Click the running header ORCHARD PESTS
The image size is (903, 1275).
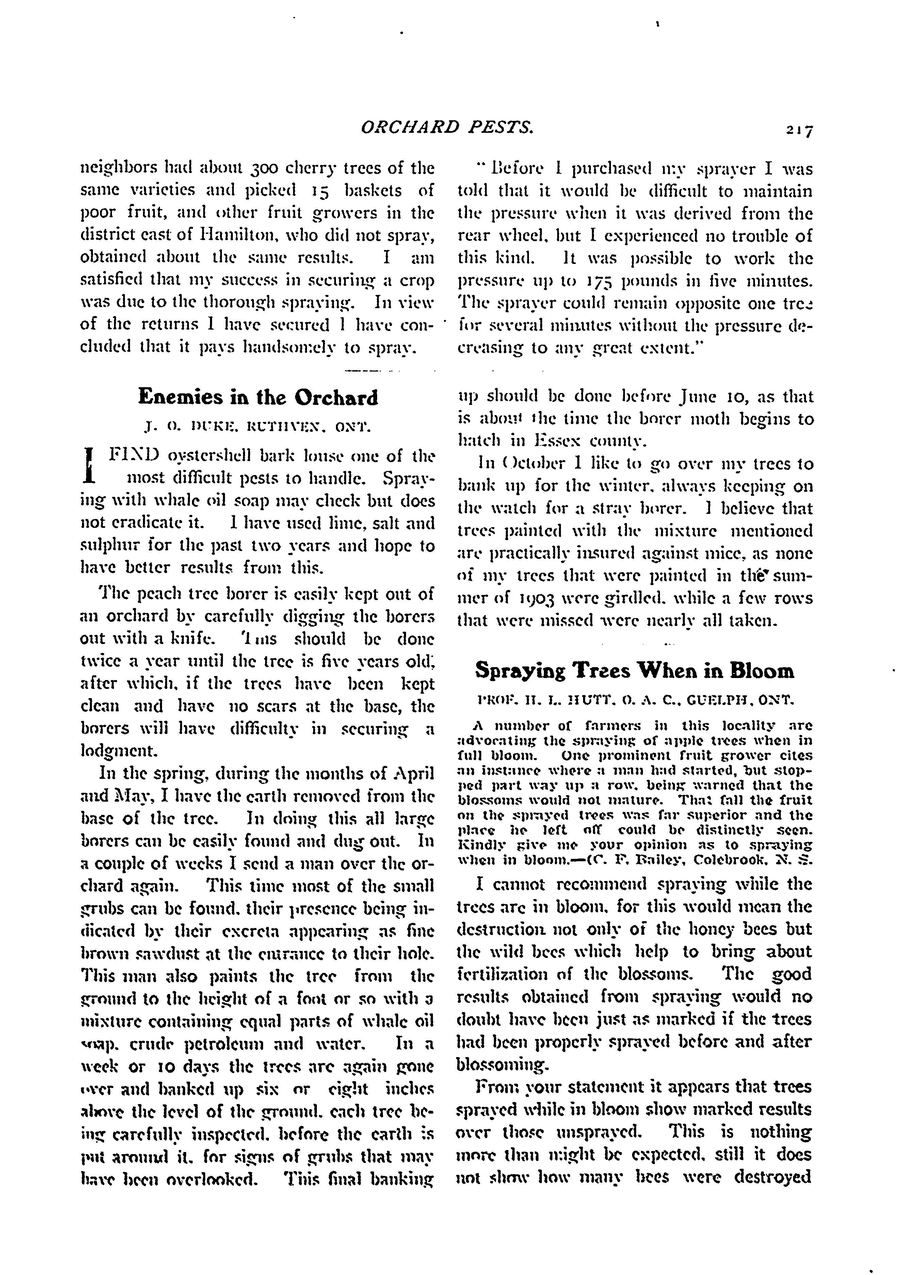point(447,128)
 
